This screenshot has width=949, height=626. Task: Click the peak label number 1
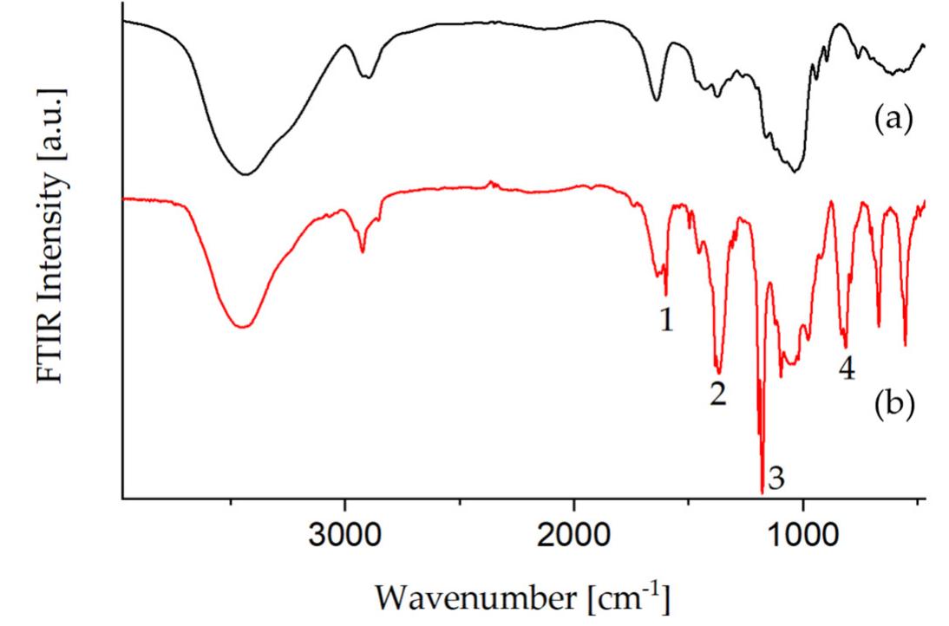coord(666,321)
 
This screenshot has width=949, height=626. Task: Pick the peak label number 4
coord(847,368)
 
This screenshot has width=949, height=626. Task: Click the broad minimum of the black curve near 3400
coord(246,174)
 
